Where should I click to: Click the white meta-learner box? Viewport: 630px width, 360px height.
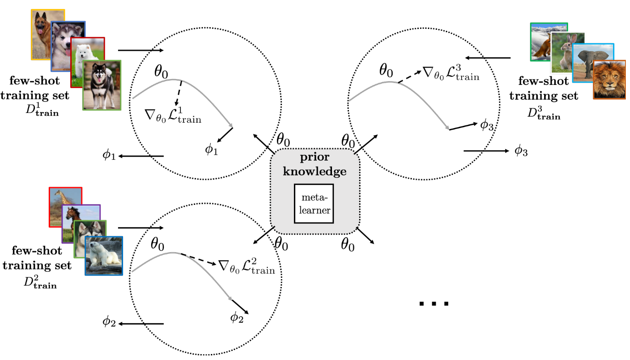pos(314,204)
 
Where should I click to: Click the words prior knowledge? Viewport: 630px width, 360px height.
pos(315,164)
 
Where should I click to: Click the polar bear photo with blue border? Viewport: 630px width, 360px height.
pos(104,255)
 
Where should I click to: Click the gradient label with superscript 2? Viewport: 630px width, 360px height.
pos(246,266)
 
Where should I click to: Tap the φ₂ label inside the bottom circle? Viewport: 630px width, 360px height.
pos(237,316)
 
